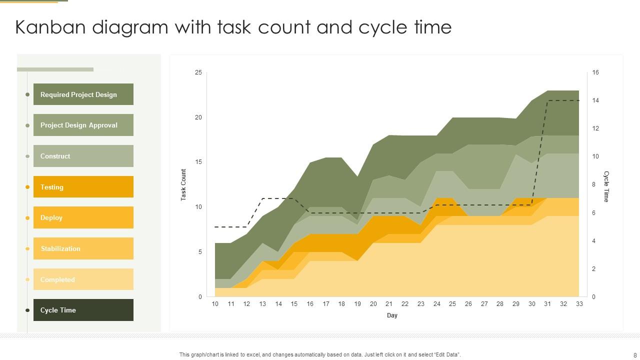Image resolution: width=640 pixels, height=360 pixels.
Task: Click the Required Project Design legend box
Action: click(83, 94)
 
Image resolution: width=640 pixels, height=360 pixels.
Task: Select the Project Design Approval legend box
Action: click(83, 125)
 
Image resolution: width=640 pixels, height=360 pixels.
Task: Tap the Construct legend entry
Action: click(83, 156)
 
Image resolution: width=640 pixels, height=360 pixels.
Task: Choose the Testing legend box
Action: click(83, 187)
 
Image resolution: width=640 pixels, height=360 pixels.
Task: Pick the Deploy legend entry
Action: click(83, 217)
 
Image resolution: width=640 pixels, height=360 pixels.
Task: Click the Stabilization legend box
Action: click(83, 248)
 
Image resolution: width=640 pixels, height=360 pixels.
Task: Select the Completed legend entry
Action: click(83, 279)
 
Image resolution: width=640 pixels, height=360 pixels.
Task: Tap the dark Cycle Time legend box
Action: click(83, 310)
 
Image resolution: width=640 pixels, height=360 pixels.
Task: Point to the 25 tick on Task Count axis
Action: click(198, 72)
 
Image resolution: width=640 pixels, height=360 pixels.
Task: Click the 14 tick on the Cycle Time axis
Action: click(595, 100)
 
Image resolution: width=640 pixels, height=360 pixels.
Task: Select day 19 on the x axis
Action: click(357, 304)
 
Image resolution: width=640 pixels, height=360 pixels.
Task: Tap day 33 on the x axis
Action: click(579, 304)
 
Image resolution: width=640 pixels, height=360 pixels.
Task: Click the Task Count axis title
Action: click(183, 185)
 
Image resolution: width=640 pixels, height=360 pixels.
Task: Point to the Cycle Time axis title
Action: click(606, 186)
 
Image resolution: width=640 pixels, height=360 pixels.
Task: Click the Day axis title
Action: click(392, 315)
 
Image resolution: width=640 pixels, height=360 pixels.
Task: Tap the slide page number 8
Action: click(635, 355)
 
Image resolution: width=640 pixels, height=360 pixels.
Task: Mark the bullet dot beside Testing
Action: click(27, 187)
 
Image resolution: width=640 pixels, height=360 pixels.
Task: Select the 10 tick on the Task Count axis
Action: click(198, 207)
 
